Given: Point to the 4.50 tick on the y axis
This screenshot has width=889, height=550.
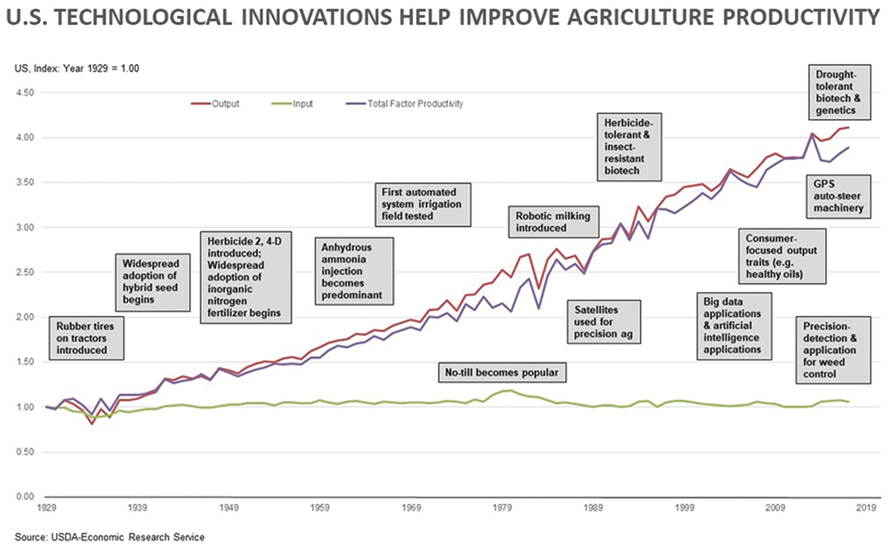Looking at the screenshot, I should tap(23, 93).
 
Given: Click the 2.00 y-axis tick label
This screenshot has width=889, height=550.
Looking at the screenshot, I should tap(23, 317).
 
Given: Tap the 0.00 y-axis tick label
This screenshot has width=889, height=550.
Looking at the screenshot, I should tap(23, 497).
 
